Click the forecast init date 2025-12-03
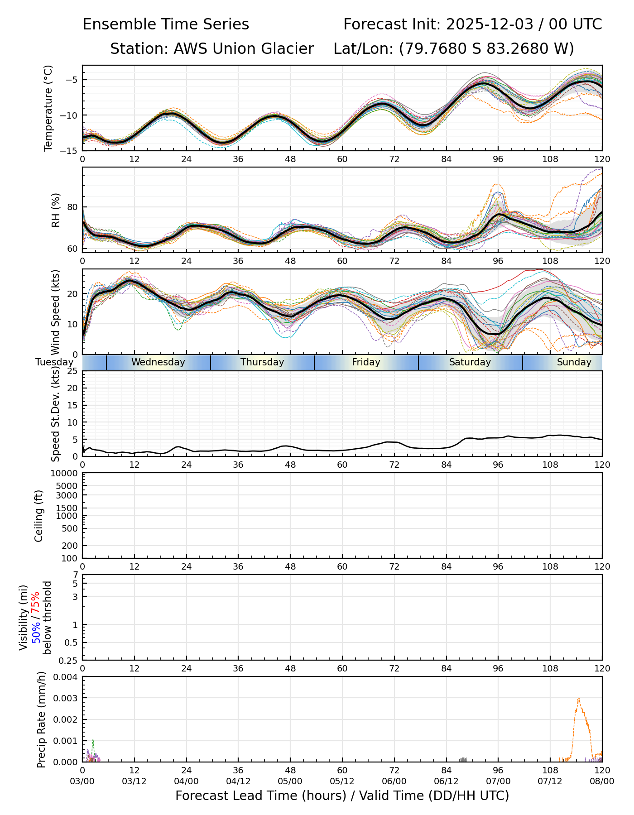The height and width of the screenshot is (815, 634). tap(490, 24)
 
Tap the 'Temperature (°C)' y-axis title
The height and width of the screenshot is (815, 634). tap(48, 108)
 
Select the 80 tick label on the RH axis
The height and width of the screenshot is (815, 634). tap(72, 207)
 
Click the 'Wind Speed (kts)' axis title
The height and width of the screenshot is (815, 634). tap(56, 312)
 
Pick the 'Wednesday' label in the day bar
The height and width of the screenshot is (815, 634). tap(158, 362)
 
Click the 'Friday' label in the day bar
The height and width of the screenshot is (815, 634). tap(366, 362)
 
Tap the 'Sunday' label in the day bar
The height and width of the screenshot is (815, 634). tap(574, 362)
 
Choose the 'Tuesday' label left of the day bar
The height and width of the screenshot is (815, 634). tap(54, 362)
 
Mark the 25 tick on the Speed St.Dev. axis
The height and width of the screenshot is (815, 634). tap(72, 371)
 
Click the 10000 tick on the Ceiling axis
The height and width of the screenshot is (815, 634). tap(65, 474)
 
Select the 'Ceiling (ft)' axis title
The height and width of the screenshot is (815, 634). tap(39, 516)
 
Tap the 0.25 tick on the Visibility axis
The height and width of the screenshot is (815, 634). tap(69, 660)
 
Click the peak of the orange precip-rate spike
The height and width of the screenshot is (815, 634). tap(578, 699)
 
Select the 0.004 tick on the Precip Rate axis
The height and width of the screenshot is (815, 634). tap(66, 677)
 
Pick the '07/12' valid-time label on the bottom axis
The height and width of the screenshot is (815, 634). tap(550, 781)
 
